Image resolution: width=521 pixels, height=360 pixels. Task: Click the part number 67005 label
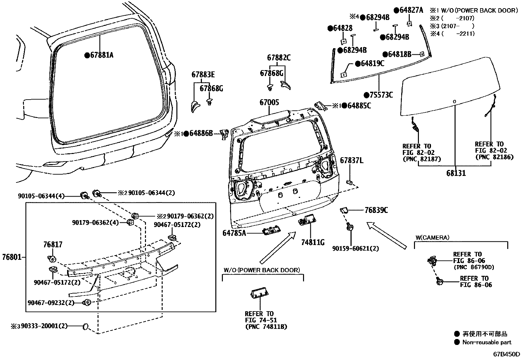point(269,103)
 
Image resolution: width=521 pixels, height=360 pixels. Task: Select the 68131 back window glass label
point(456,173)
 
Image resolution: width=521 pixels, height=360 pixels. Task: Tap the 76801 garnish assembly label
point(12,257)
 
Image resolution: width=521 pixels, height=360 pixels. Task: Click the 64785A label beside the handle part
point(234,233)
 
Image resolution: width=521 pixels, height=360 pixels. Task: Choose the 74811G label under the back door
point(313,242)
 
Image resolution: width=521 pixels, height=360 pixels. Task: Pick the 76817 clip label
point(53,245)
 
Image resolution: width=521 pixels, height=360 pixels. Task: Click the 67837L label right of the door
point(351,160)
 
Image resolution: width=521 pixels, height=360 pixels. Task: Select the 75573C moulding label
point(381,95)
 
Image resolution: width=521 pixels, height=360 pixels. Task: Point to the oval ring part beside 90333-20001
point(86,326)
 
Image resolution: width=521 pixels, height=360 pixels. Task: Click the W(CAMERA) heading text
point(432,237)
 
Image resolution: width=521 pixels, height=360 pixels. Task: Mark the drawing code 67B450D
point(507,354)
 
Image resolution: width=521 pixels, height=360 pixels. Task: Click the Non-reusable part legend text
point(486,342)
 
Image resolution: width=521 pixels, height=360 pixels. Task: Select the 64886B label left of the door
point(201,133)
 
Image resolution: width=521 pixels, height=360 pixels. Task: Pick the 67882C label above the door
point(279,58)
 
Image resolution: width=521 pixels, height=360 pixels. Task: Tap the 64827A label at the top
point(411,10)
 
